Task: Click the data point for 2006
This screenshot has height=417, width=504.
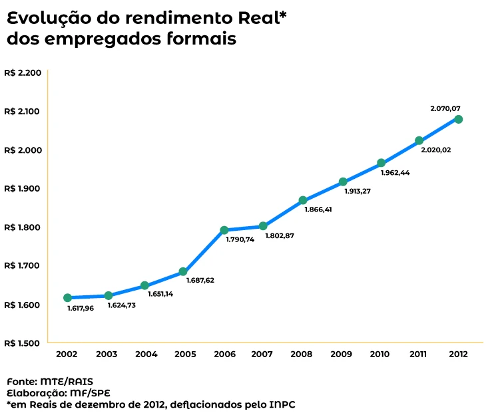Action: pos(224,230)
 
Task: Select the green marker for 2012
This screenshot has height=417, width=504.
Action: pos(458,119)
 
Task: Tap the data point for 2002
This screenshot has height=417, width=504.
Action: pos(67,297)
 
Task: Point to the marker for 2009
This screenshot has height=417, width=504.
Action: pos(343,182)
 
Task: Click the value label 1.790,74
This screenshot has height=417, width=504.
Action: pos(240,239)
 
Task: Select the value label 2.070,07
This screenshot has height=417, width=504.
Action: pos(445,108)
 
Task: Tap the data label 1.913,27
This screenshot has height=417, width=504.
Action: pos(358,191)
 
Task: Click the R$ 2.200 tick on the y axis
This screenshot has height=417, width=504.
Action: pos(23,72)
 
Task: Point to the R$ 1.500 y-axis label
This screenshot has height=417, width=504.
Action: pos(23,343)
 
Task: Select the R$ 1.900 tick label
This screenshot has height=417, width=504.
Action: pos(23,188)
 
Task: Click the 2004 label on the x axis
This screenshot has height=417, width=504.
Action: pos(146,354)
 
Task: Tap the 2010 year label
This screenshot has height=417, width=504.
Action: pos(379,354)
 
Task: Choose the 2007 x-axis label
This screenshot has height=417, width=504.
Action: pos(262,354)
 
